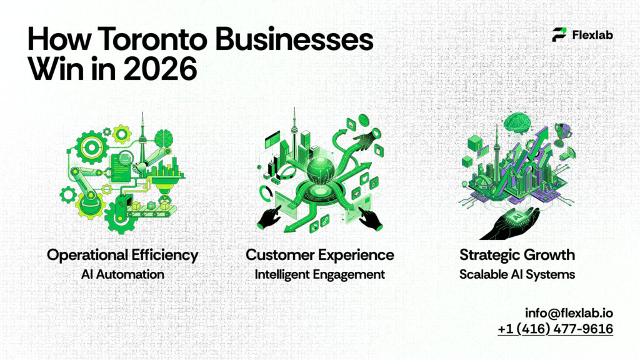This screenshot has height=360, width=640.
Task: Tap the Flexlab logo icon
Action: pos(559,34)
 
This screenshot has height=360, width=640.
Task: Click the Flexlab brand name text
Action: pos(592,35)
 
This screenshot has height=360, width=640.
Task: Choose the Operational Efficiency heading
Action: pos(122,255)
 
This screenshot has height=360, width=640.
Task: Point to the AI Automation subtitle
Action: pos(122,274)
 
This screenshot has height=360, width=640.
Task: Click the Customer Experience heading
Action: pos(319,255)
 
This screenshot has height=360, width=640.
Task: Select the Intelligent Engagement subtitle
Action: pos(319,274)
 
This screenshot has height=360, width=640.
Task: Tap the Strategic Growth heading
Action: pos(517,255)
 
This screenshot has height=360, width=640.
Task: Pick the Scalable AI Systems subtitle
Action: pos(517,274)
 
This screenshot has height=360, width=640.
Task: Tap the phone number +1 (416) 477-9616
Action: pos(555,328)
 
